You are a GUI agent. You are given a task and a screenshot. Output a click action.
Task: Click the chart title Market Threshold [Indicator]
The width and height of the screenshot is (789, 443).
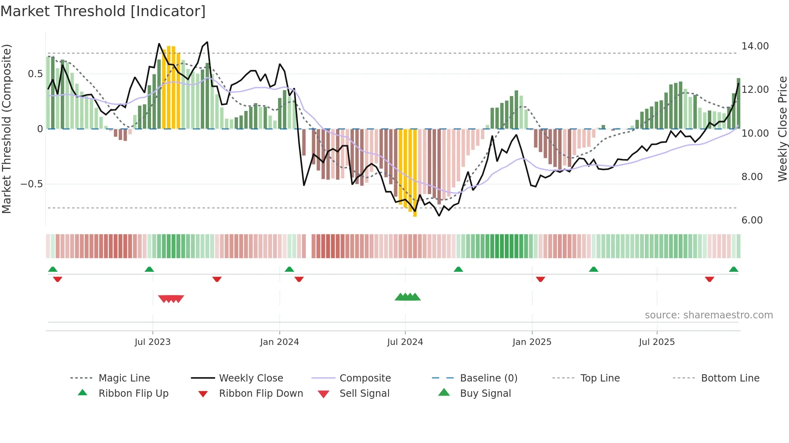[x=103, y=11]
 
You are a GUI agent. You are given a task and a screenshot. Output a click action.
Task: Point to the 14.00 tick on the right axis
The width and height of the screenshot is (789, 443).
[x=755, y=46]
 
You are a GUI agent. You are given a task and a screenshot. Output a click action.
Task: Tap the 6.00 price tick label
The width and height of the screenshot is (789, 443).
[x=752, y=220]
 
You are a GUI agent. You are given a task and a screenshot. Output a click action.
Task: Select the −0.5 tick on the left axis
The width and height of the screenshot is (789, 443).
[x=31, y=184]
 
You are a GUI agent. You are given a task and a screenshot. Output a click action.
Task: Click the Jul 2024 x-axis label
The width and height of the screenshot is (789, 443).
[x=405, y=342]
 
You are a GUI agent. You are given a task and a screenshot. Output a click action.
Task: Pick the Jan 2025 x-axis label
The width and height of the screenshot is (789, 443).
[x=532, y=342]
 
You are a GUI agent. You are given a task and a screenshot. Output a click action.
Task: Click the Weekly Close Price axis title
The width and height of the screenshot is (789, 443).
[x=782, y=129]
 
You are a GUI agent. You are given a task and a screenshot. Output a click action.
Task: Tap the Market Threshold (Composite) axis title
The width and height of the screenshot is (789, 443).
[x=6, y=129]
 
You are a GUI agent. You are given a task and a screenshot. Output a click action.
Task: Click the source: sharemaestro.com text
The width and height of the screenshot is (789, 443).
[x=708, y=315]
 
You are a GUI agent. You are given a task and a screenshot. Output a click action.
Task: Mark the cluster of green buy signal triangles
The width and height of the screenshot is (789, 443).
[x=407, y=297]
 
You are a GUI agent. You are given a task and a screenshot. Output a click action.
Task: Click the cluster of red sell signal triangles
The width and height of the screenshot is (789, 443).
[x=171, y=299]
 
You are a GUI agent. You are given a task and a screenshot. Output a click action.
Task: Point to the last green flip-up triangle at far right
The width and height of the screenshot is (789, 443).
[x=733, y=269]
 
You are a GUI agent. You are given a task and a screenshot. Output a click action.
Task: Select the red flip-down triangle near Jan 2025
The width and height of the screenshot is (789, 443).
[x=540, y=279]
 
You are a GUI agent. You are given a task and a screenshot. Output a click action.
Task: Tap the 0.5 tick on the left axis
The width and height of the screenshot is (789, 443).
[x=35, y=74]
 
